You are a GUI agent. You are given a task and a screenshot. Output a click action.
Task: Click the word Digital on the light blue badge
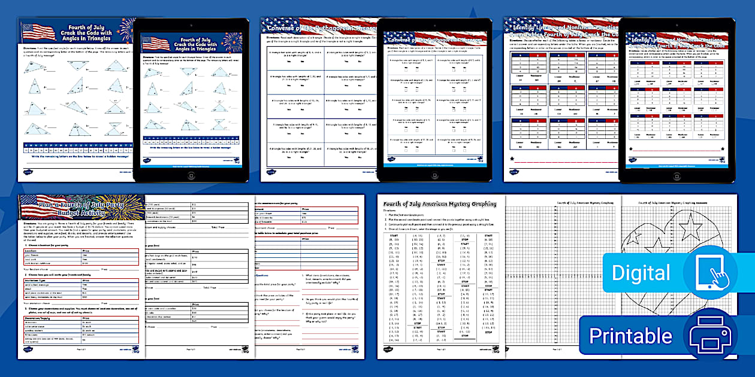point(641,273)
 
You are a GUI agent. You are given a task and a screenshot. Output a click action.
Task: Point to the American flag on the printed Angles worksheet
point(38,32)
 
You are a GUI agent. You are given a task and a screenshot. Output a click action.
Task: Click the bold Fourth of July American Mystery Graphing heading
point(440,203)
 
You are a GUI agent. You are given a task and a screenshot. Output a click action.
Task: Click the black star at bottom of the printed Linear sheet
point(512,159)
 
